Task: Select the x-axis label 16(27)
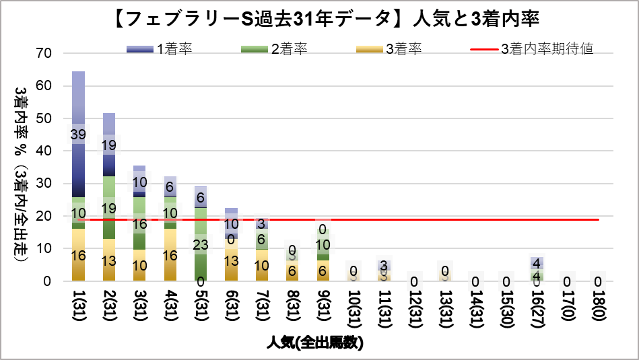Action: tap(537, 307)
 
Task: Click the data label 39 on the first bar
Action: tap(78, 135)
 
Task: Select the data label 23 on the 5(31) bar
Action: tap(200, 245)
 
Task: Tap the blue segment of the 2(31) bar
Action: tap(109, 161)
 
